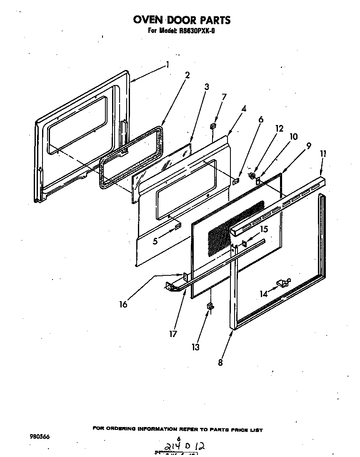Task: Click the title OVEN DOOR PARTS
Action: coord(181,20)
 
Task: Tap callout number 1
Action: coord(167,65)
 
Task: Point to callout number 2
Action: coord(187,75)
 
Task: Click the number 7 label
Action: coord(224,97)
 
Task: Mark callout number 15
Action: coord(264,229)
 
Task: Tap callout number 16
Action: coord(123,305)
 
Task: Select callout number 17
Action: coord(173,334)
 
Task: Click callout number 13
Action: coord(195,347)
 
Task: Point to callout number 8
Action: coord(220,362)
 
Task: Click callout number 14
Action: coord(263,294)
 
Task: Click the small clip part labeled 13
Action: coord(210,306)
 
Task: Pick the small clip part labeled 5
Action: coord(178,226)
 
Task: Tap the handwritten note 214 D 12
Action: coord(183,447)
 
